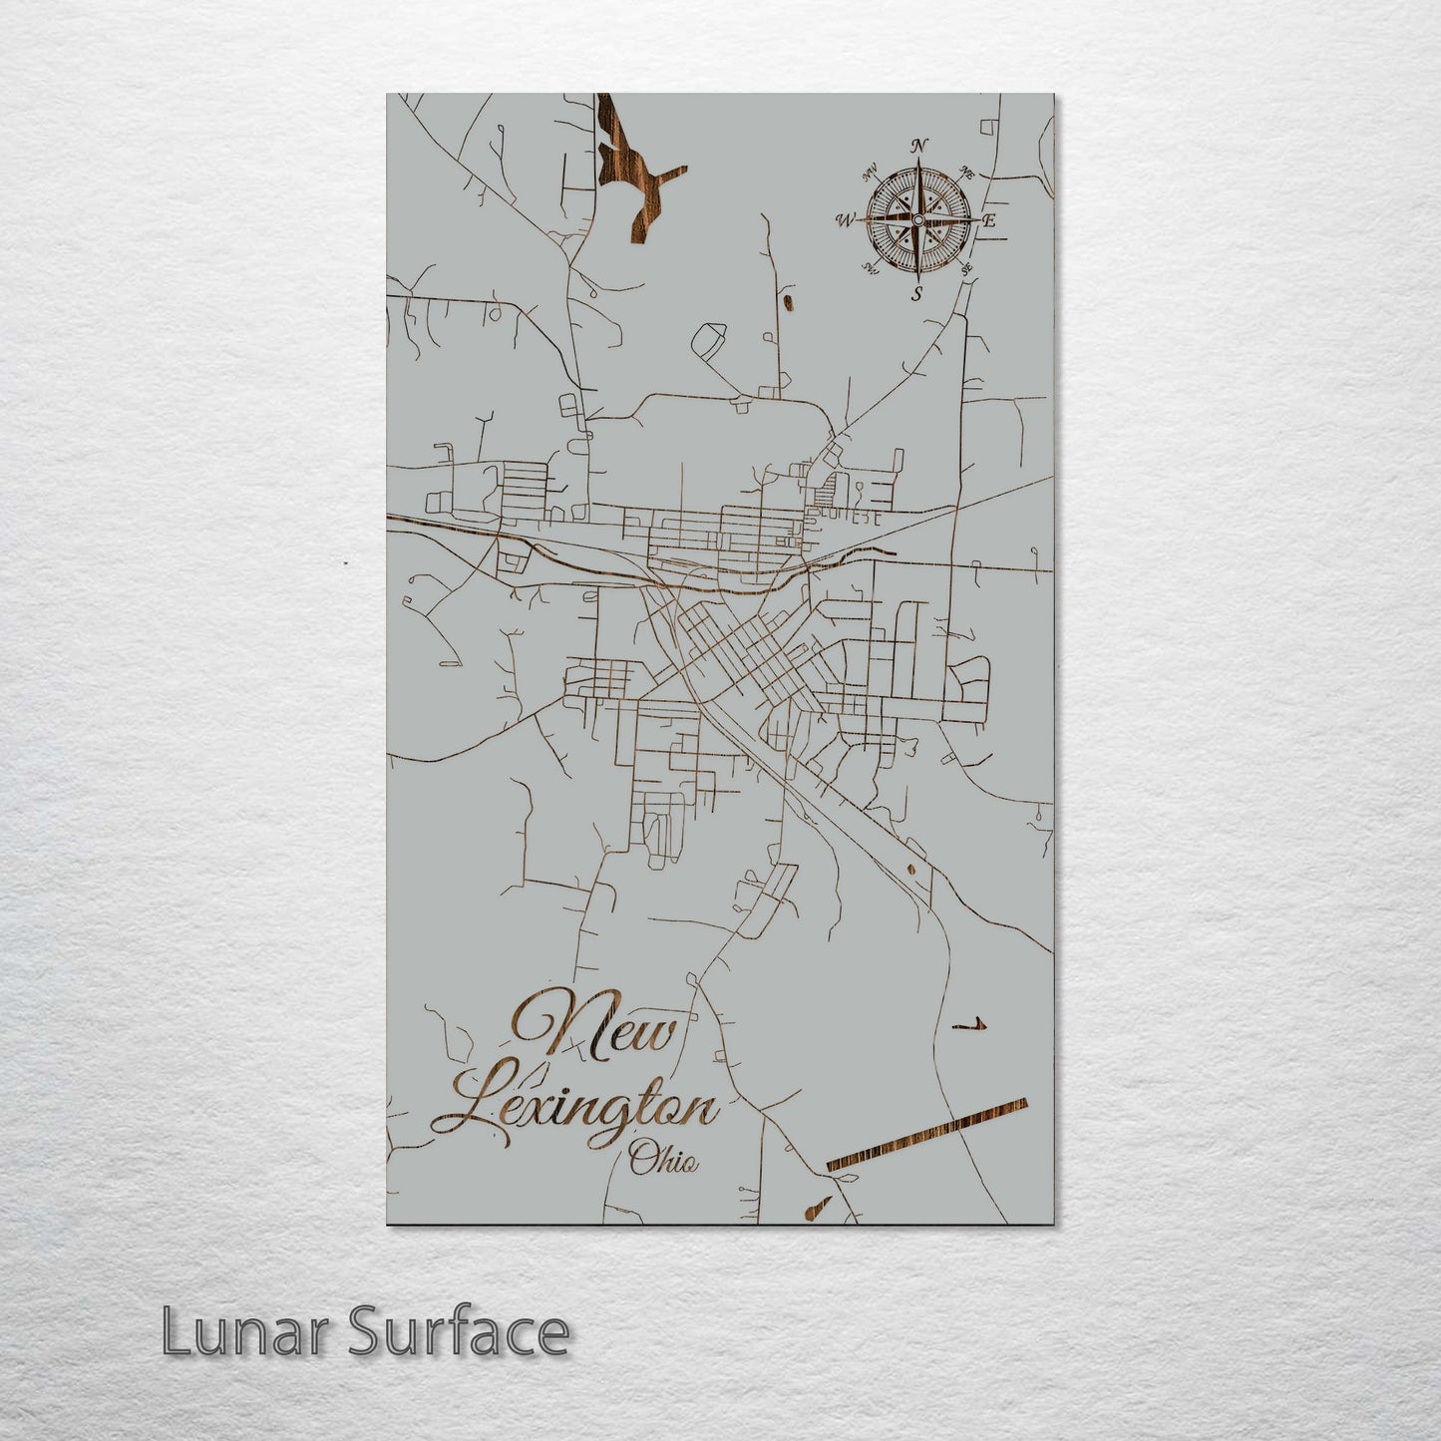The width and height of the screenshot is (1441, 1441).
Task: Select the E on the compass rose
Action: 990,221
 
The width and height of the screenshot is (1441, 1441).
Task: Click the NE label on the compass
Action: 965,172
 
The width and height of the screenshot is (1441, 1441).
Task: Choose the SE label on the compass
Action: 964,269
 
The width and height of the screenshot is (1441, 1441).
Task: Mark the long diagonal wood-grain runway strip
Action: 926,1133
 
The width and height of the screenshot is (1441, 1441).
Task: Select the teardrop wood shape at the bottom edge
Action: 815,1209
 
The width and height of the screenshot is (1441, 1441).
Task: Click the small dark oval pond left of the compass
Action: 788,300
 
